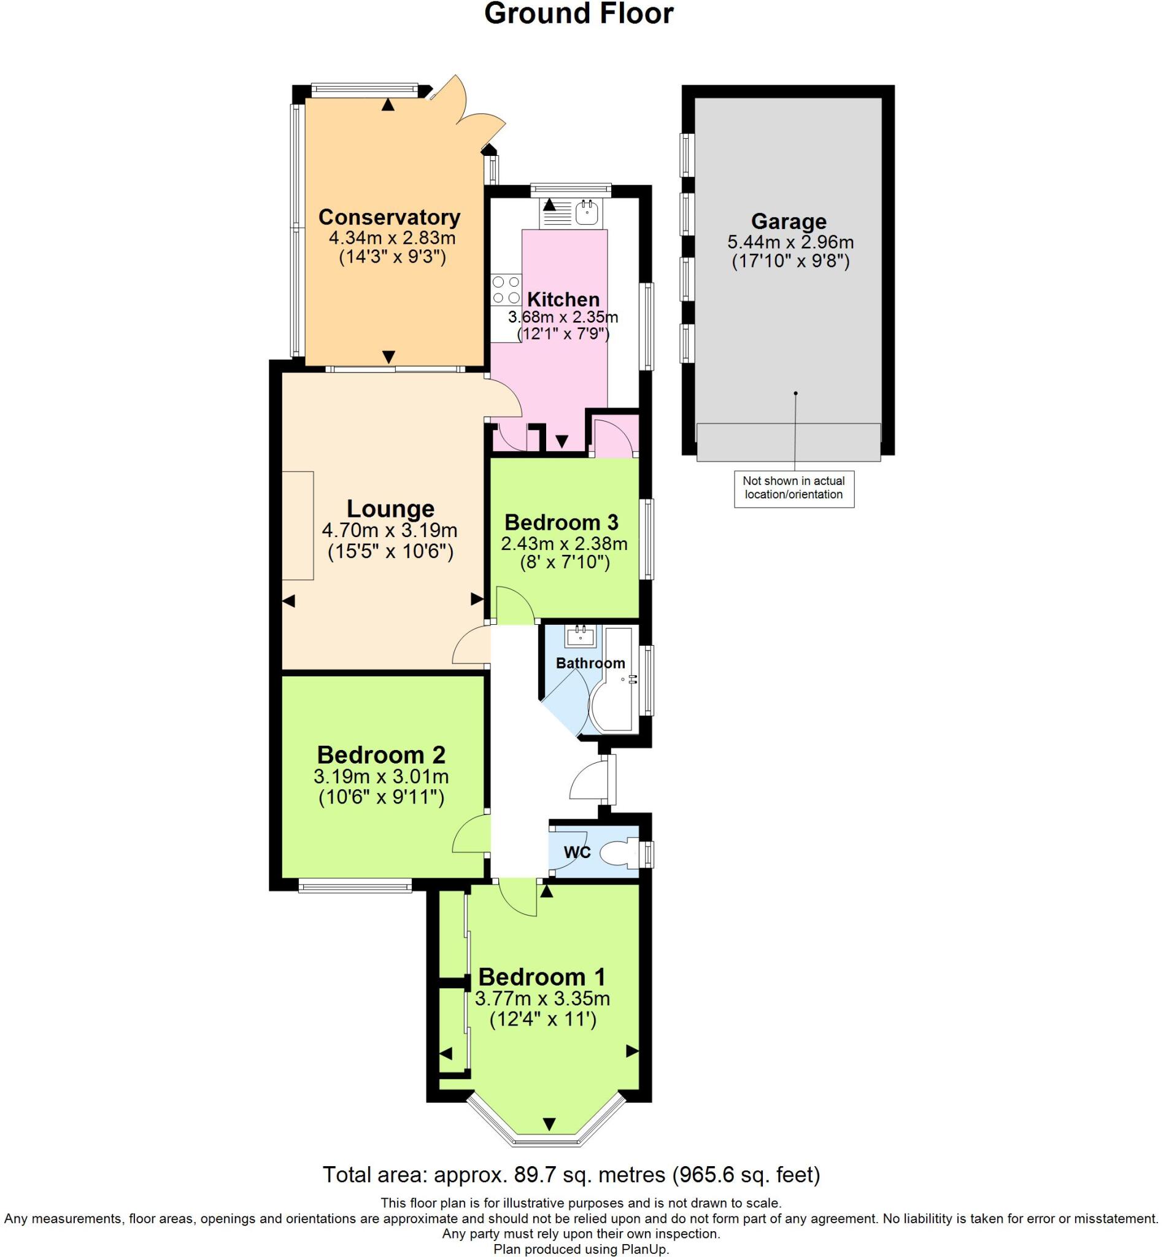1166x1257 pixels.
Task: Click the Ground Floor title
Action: (x=579, y=14)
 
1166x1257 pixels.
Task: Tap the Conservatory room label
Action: (x=389, y=217)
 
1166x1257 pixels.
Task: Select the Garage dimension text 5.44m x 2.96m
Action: (x=790, y=242)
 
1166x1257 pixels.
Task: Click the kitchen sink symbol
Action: (x=587, y=212)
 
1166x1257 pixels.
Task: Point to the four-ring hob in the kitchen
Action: (x=506, y=290)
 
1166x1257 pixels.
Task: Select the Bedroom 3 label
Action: (x=561, y=522)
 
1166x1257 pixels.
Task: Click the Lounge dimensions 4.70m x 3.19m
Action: (x=389, y=530)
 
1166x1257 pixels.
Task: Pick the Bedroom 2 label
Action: (x=381, y=755)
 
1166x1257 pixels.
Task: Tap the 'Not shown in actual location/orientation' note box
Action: (x=793, y=488)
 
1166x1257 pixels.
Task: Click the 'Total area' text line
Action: (x=571, y=1175)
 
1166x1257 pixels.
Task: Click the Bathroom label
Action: (x=590, y=663)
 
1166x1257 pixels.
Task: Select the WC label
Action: (x=577, y=853)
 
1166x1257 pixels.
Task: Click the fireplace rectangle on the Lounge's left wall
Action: (x=297, y=525)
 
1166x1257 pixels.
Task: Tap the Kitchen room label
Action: (x=563, y=299)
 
